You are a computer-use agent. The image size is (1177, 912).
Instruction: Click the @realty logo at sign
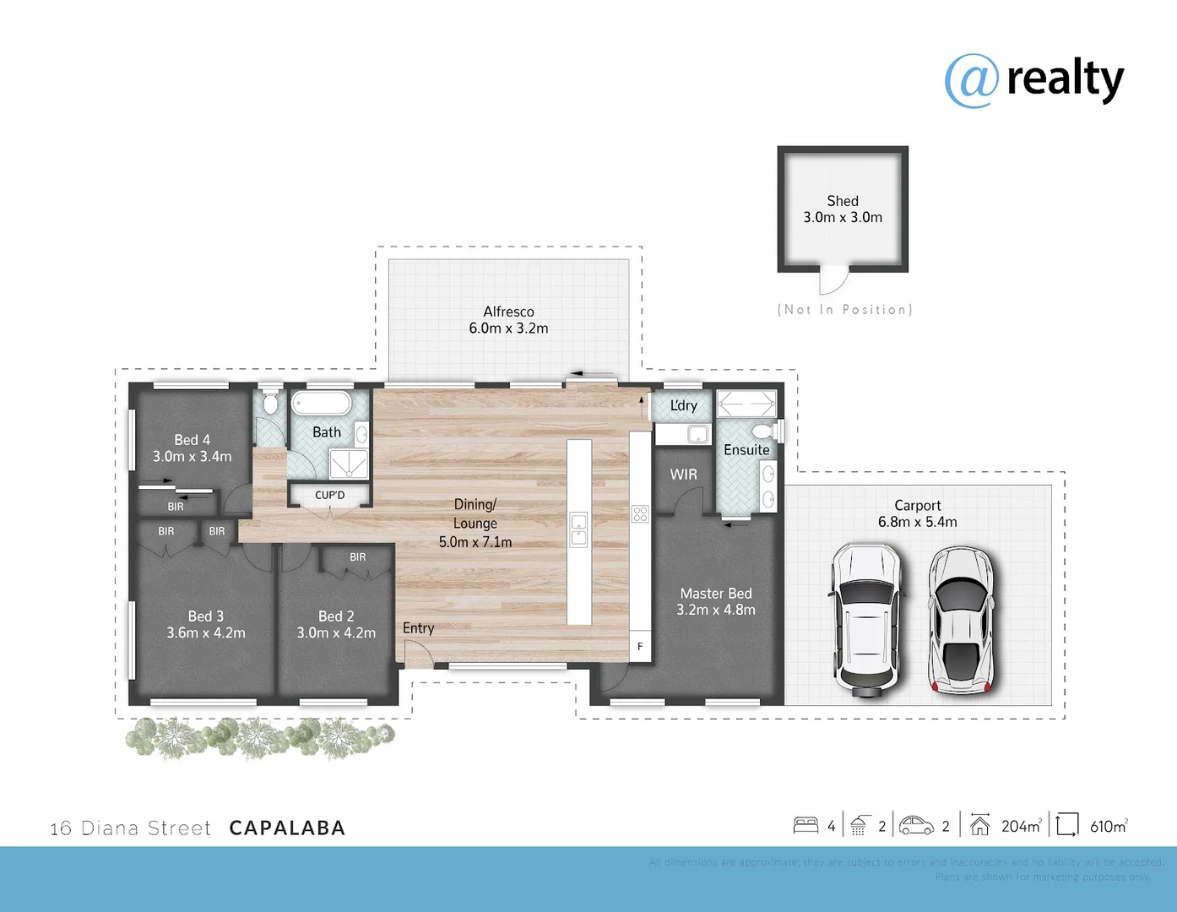click(972, 81)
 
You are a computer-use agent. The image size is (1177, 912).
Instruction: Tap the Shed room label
click(843, 201)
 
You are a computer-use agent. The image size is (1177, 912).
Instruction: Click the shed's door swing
click(833, 280)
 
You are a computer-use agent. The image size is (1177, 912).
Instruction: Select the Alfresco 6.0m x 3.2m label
click(508, 320)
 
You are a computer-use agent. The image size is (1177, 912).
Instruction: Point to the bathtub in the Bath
click(321, 403)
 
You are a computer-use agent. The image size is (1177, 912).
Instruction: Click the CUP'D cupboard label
click(329, 496)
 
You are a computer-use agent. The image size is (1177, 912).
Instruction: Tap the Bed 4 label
click(193, 440)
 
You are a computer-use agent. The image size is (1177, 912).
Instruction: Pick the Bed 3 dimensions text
click(206, 632)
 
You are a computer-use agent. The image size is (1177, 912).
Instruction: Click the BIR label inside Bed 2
click(358, 557)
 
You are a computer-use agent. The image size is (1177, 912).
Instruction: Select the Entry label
click(418, 628)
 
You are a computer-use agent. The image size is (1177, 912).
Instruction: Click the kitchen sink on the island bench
click(578, 529)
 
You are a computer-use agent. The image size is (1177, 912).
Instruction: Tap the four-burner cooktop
click(640, 513)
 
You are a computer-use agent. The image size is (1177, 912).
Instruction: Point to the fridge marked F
click(640, 646)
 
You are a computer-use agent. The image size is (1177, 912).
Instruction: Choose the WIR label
click(683, 475)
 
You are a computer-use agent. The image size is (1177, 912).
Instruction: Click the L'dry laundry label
click(683, 405)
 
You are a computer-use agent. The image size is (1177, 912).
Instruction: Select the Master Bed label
click(716, 594)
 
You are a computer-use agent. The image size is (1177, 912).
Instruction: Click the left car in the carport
click(866, 620)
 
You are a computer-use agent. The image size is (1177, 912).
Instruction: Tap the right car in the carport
click(961, 620)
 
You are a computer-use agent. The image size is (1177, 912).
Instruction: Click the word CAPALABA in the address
click(287, 828)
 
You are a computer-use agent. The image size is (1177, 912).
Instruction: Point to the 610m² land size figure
click(1109, 826)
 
